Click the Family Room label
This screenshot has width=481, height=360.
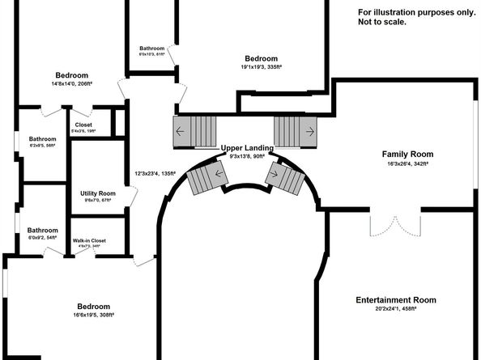[407, 154]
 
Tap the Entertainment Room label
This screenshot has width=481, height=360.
[396, 300]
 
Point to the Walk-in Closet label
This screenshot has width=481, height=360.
[89, 241]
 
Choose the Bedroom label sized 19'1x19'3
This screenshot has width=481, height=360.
[262, 58]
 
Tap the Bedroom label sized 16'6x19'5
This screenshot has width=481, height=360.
[94, 307]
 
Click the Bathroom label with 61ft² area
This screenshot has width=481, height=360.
[152, 49]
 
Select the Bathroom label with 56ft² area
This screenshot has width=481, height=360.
[42, 138]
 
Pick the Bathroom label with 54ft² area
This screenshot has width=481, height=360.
[42, 230]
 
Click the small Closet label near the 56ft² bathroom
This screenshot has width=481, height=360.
[83, 125]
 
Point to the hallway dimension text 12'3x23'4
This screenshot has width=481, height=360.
[155, 173]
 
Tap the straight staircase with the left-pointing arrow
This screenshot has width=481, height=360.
[196, 130]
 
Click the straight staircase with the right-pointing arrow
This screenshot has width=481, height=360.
[294, 130]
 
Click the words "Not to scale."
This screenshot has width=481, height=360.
[381, 22]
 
